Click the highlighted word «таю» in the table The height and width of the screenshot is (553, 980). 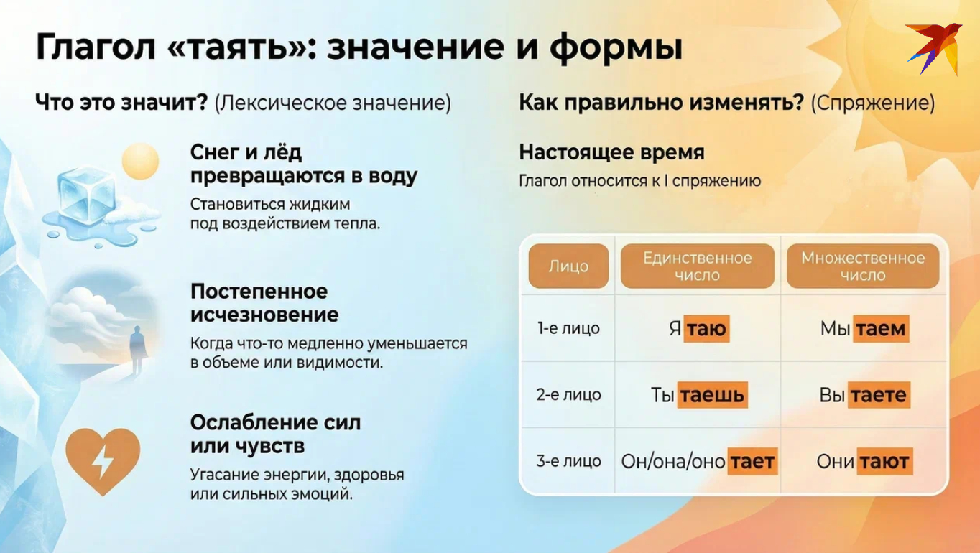[706, 329]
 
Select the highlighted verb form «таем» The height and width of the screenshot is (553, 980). [880, 329]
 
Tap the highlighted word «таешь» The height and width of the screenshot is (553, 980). [712, 395]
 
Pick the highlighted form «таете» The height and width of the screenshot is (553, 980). [879, 395]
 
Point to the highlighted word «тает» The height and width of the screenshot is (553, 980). [752, 461]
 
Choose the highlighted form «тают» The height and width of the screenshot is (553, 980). [884, 461]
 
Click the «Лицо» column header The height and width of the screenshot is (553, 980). [568, 266]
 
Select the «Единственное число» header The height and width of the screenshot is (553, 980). [697, 266]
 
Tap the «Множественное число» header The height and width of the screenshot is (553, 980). [862, 266]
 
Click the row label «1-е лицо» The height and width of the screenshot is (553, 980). [568, 329]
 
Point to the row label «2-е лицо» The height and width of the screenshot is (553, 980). [568, 395]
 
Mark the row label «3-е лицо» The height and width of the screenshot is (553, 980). [568, 461]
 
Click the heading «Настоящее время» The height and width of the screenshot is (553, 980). [611, 152]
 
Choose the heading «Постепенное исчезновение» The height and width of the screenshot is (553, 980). [264, 303]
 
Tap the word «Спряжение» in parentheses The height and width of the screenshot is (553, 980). [872, 103]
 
